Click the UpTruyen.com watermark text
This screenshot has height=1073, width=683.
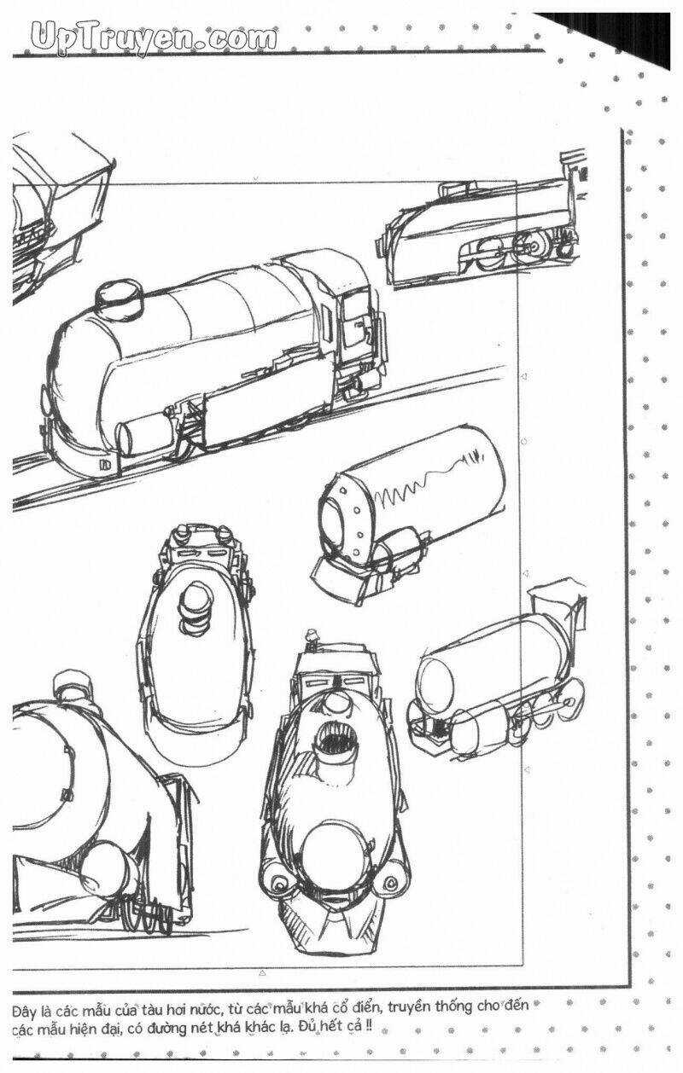pyautogui.click(x=154, y=38)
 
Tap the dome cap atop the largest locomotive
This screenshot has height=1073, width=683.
pyautogui.click(x=120, y=296)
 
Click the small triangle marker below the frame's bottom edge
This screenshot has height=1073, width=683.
pyautogui.click(x=262, y=971)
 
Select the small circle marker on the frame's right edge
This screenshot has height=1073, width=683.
pyautogui.click(x=522, y=442)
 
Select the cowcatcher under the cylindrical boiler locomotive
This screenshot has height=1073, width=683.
pyautogui.click(x=341, y=578)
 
